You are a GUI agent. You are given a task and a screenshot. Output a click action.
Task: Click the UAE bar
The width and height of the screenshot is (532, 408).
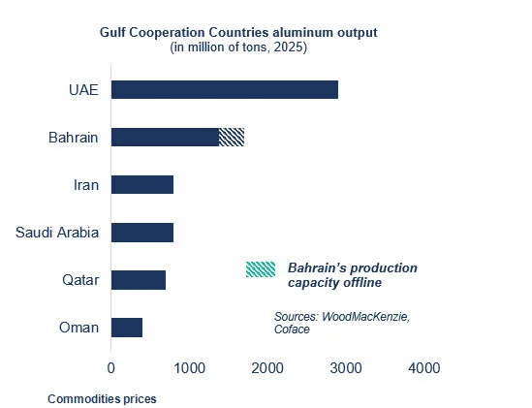tap(225, 89)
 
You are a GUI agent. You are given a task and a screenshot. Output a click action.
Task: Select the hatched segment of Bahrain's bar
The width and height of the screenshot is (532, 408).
tap(232, 138)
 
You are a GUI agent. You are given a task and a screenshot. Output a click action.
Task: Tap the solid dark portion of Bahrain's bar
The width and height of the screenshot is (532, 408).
tap(166, 138)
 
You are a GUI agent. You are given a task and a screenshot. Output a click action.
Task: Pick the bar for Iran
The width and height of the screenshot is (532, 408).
tap(142, 185)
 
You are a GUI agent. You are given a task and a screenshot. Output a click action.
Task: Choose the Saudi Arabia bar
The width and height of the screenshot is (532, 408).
tap(142, 233)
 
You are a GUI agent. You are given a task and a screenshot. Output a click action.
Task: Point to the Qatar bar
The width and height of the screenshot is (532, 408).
tap(139, 280)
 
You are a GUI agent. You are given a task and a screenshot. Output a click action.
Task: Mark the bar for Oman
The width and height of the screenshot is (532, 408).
tap(127, 328)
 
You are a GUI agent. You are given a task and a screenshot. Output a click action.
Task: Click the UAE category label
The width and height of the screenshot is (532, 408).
tap(83, 90)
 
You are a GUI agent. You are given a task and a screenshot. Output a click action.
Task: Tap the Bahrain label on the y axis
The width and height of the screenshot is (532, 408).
tap(74, 138)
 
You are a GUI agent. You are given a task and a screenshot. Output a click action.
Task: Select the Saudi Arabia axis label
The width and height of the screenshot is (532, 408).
tap(57, 233)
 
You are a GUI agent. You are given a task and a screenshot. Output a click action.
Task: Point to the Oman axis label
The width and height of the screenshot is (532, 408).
tap(79, 328)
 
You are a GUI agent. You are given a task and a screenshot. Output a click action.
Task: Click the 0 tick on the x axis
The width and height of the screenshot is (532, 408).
tap(110, 368)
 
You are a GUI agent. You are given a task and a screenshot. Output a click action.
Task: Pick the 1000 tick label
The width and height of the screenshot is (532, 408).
tap(189, 368)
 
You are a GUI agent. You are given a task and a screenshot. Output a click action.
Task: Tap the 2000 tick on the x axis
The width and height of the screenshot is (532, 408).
tap(267, 368)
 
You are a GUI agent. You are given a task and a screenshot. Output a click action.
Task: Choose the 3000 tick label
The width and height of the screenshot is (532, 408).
tap(346, 368)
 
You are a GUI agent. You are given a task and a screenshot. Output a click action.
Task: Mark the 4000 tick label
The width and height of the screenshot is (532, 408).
tap(424, 368)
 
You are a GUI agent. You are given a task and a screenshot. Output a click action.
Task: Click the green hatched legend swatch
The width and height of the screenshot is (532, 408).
tap(261, 269)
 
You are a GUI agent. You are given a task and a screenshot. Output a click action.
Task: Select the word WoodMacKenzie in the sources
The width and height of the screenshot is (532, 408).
tap(365, 317)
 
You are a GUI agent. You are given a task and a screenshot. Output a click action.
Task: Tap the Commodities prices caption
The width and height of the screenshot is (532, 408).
tap(102, 399)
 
